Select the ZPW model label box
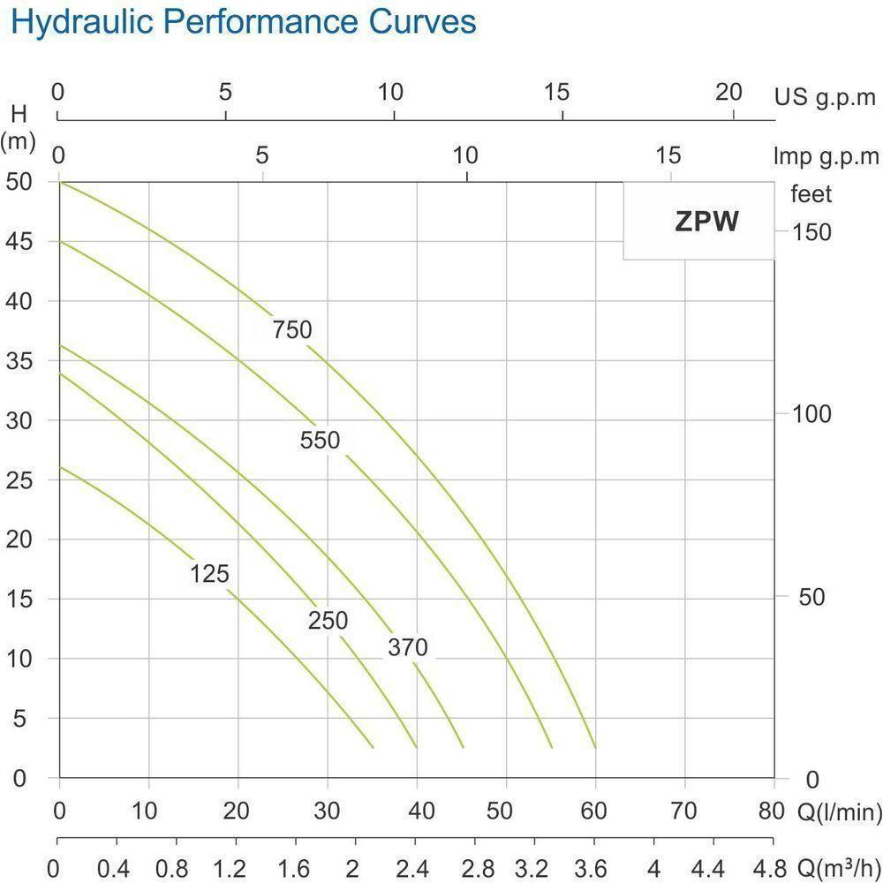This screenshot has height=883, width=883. [x=706, y=221]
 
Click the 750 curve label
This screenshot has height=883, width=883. [x=292, y=330]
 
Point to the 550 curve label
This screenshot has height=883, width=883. [x=320, y=440]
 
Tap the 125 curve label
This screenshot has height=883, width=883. [x=209, y=575]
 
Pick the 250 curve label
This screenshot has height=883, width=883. [x=328, y=621]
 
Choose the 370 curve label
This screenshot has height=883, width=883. [x=407, y=648]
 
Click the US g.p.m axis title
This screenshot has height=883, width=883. [x=826, y=96]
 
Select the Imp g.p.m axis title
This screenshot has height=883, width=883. [x=826, y=157]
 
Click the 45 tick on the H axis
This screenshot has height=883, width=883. [x=19, y=241]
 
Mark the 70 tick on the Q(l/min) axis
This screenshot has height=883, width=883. [x=684, y=811]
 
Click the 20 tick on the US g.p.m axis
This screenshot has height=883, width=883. [x=728, y=92]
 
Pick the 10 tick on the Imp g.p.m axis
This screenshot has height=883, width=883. [x=465, y=156]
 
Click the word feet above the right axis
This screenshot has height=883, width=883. [x=811, y=194]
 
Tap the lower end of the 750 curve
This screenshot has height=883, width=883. [x=595, y=747]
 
